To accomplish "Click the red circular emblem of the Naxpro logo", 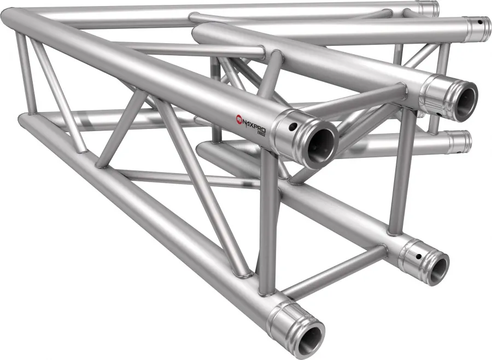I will pyautogui.click(x=239, y=117).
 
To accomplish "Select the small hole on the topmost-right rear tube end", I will pyautogui.click(x=479, y=23).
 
